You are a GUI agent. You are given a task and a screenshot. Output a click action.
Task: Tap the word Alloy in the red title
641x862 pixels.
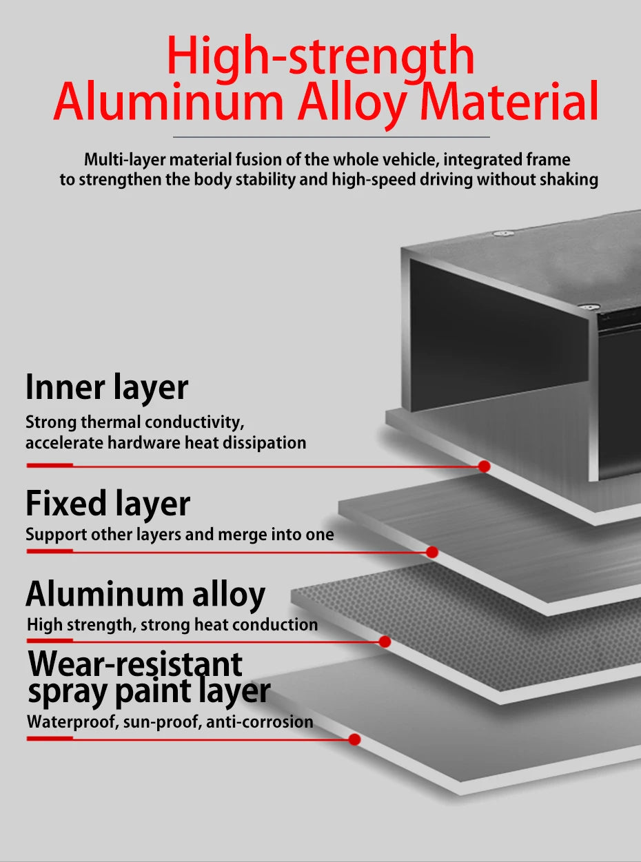point(353,103)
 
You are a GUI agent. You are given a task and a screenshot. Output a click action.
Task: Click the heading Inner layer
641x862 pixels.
point(107,387)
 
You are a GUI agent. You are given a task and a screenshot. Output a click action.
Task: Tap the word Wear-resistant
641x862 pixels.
point(135,664)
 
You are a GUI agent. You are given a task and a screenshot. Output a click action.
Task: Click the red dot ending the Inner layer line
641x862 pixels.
point(484,466)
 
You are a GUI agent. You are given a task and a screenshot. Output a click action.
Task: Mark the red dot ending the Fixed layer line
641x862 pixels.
point(432,552)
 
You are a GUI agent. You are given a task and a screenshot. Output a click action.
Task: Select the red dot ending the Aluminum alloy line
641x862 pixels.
point(385,642)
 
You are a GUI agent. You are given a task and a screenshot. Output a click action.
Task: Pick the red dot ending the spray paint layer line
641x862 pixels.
point(354,739)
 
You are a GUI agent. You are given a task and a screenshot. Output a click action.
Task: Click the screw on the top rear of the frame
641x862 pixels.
point(503,234)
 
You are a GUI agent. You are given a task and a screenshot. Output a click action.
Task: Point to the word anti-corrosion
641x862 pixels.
point(260,722)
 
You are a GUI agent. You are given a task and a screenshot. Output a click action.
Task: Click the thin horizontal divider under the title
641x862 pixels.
point(332,137)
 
